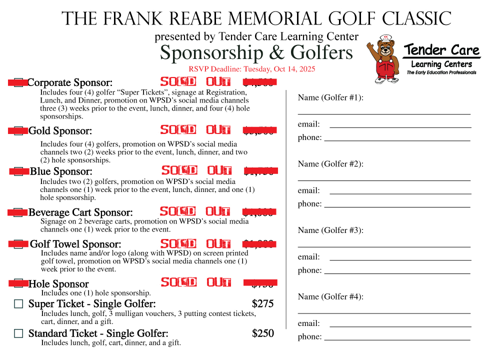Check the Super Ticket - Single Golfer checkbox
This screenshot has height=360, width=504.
pyautogui.click(x=18, y=303)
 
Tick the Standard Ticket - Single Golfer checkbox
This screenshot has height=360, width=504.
pyautogui.click(x=18, y=333)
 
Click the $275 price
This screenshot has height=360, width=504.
pyautogui.click(x=262, y=303)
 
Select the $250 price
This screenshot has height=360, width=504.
pyautogui.click(x=262, y=333)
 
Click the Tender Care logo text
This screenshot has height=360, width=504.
pyautogui.click(x=441, y=50)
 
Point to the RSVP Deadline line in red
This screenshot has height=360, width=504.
pyautogui.click(x=251, y=69)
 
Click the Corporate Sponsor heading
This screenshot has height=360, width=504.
pyautogui.click(x=70, y=82)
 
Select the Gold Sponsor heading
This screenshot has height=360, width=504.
pyautogui.click(x=60, y=131)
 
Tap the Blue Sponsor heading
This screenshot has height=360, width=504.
pyautogui.click(x=61, y=172)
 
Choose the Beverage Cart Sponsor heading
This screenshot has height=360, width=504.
pyautogui.click(x=80, y=212)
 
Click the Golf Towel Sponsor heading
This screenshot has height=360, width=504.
pyautogui.click(x=75, y=244)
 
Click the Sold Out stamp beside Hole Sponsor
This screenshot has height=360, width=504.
pyautogui.click(x=195, y=282)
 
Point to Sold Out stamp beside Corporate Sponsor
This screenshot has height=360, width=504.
pyautogui.click(x=195, y=81)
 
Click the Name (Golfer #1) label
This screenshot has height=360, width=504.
pyautogui.click(x=330, y=97)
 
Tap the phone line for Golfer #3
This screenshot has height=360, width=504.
pyautogui.click(x=397, y=273)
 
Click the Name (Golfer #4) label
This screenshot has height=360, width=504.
pyautogui.click(x=330, y=296)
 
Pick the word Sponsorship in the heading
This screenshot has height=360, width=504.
pyautogui.click(x=211, y=52)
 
